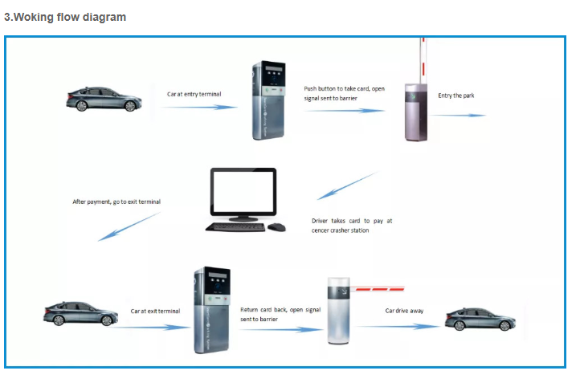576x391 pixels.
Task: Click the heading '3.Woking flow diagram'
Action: [65, 17]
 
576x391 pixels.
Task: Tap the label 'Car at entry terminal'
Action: [194, 94]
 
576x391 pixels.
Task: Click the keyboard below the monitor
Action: [234, 227]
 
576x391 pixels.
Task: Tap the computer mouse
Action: [276, 227]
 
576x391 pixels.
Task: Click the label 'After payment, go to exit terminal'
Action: [116, 202]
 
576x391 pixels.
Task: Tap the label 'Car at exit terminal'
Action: [155, 311]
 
